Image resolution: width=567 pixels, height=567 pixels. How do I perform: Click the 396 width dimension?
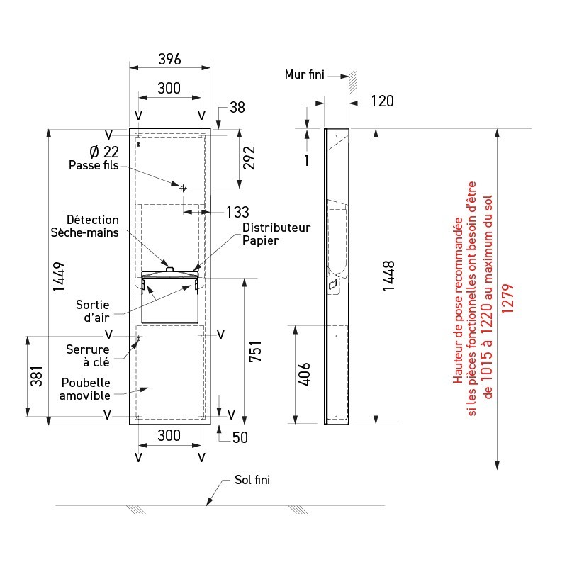click(x=169, y=59)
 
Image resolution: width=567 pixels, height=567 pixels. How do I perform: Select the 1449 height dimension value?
click(x=59, y=276)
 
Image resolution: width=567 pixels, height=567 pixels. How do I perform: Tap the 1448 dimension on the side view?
click(x=388, y=276)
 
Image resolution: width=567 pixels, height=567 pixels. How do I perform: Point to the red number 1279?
click(x=507, y=298)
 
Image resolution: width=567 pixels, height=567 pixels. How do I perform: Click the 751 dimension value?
click(x=255, y=351)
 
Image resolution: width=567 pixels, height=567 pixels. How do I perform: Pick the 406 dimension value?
click(x=305, y=374)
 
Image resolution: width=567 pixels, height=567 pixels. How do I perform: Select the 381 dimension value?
click(x=37, y=376)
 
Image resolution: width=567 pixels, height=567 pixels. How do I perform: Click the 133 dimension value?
click(x=237, y=212)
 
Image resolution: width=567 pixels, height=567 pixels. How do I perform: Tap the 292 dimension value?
click(x=249, y=158)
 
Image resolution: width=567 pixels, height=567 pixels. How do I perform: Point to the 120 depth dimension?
click(x=383, y=101)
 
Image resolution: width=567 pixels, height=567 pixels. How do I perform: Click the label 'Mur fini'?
click(x=305, y=74)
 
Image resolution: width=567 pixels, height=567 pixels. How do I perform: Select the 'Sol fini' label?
click(x=252, y=480)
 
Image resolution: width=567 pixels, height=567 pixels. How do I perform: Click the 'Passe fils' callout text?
click(x=94, y=165)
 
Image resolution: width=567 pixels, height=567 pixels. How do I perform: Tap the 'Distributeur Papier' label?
click(x=276, y=234)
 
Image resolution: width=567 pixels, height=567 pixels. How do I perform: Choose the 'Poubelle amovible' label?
click(x=85, y=388)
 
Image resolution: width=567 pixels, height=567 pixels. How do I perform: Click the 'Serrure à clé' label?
click(x=88, y=356)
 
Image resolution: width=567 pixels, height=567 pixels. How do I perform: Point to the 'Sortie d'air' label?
click(x=93, y=311)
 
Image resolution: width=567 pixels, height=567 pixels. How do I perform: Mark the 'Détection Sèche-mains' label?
click(x=84, y=226)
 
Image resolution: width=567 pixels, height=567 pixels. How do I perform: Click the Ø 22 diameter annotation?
click(x=104, y=152)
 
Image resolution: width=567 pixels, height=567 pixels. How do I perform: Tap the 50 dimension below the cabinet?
click(x=240, y=437)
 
